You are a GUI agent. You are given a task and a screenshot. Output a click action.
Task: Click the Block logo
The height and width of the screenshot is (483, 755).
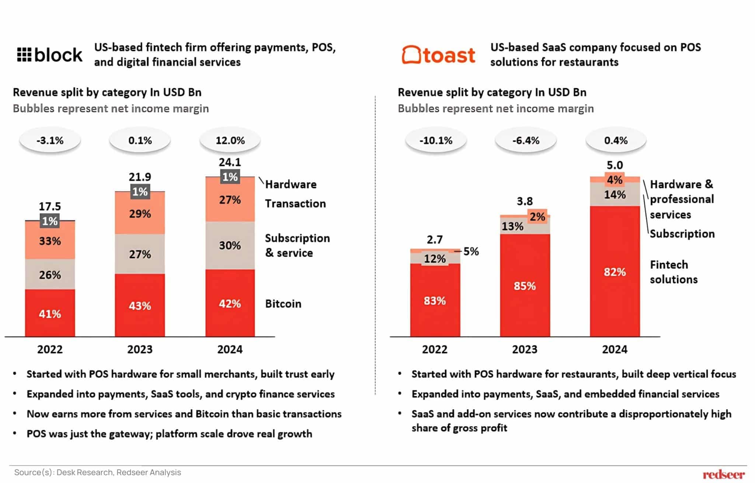pos(50,55)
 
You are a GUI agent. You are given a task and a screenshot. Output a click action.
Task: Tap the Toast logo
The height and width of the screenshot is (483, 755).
pos(438,55)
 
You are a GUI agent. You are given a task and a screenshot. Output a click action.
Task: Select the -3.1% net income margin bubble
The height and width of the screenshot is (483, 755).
pos(50,140)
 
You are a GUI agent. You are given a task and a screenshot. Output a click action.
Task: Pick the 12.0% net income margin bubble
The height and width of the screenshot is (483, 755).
pos(230,140)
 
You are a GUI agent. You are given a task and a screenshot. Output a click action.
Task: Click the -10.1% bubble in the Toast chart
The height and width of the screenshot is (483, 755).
pos(435,140)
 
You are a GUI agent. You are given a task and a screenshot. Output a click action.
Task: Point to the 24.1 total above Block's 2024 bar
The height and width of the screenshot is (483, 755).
pos(230,162)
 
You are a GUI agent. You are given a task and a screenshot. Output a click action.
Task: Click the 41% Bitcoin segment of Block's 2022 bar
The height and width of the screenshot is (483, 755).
pos(50,313)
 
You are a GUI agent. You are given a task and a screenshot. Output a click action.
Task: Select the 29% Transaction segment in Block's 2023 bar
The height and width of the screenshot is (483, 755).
pos(140,214)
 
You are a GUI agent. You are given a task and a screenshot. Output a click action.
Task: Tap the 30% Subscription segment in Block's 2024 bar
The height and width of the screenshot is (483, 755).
pos(230,245)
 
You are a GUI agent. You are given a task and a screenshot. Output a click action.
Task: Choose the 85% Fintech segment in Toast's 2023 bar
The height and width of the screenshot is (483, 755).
pos(525,286)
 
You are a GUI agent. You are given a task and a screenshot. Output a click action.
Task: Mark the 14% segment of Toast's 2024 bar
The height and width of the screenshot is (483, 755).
pos(615,195)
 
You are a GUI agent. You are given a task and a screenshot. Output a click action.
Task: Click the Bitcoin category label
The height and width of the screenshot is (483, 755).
pos(283,304)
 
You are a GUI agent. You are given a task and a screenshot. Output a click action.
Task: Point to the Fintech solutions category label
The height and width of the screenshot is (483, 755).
pos(674,272)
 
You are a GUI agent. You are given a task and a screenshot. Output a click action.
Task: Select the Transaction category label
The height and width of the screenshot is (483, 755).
pos(295,203)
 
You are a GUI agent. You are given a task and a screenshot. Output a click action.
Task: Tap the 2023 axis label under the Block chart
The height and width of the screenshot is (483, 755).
pos(140,349)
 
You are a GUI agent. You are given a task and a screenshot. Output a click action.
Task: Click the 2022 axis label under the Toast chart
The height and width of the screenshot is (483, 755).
pos(435,349)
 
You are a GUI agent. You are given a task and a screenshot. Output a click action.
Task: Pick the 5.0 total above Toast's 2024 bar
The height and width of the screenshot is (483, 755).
pos(615,165)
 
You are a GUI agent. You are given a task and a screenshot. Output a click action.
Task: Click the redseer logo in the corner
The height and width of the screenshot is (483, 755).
pos(723,475)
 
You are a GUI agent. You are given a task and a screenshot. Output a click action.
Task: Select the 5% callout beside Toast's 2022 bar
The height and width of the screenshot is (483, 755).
pos(471,251)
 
